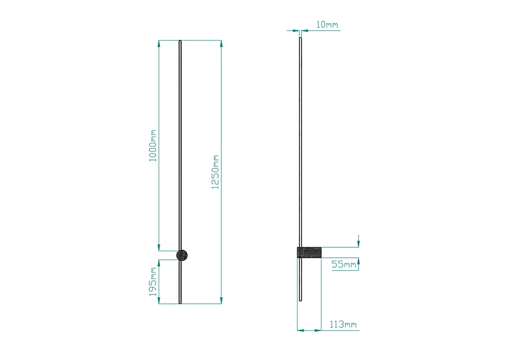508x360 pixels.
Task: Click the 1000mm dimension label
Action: (x=153, y=145)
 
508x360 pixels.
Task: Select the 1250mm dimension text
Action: (x=215, y=172)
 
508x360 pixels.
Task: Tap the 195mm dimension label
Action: (x=153, y=282)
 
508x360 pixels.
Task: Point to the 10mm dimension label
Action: (x=327, y=25)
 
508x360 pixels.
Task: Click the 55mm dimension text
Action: (x=344, y=264)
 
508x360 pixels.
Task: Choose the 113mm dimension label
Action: (x=343, y=324)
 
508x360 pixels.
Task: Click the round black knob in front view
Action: (x=182, y=255)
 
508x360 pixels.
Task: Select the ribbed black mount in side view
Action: (x=310, y=252)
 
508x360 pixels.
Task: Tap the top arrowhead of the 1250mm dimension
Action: (x=221, y=44)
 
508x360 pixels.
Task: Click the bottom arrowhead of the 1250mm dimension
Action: (x=221, y=300)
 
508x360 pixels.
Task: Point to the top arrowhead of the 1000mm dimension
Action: (x=159, y=44)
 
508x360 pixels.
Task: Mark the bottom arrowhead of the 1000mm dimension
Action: (x=159, y=247)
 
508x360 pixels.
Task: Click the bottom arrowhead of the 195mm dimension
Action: (x=159, y=300)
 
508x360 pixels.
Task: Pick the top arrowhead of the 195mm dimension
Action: (x=159, y=263)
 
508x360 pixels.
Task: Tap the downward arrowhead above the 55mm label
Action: (x=358, y=244)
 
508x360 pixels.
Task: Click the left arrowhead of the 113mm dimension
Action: (x=301, y=331)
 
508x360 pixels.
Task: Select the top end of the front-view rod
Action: (x=180, y=41)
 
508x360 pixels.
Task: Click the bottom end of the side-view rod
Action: (x=301, y=300)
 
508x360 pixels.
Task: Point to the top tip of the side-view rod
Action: (x=300, y=38)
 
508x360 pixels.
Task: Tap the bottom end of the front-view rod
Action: (x=180, y=303)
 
